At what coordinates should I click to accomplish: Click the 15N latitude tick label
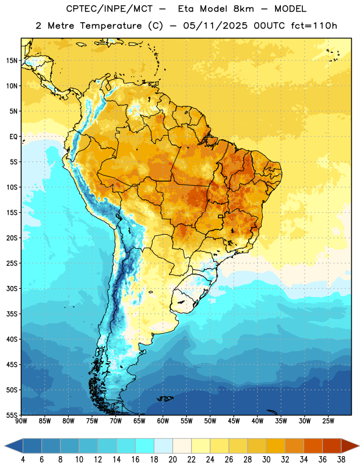12,61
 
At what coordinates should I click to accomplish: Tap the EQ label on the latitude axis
13,137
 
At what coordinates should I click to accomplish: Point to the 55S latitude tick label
12,415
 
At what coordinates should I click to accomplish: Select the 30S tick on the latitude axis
12,288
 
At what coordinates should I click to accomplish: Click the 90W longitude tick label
21,421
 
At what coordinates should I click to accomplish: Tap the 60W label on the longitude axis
163,421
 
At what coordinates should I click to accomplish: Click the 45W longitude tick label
234,421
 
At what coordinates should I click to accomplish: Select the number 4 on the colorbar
23,460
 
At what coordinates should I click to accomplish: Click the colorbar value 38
341,460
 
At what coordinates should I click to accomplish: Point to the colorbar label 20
172,460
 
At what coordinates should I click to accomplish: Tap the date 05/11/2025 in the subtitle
215,26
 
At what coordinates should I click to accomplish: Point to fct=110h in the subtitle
314,26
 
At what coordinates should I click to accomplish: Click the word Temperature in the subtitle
111,26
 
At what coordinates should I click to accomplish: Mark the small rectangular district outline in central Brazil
221,216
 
